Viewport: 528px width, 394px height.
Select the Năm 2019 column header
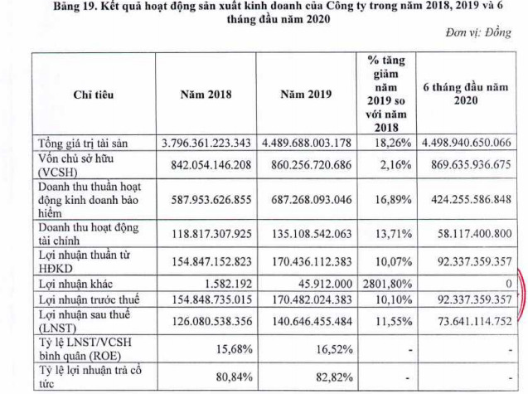click(x=305, y=94)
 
